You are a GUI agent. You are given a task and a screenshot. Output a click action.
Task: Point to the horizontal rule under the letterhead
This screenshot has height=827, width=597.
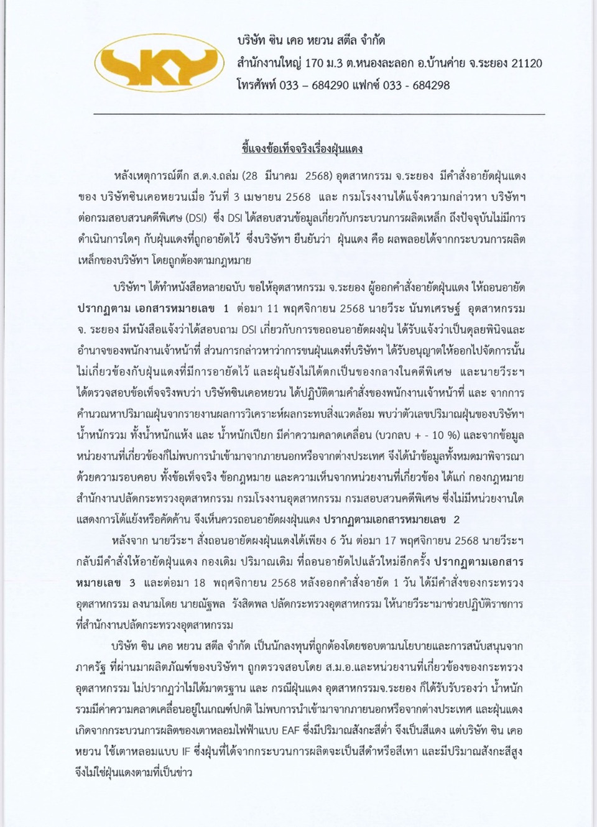(x=319, y=114)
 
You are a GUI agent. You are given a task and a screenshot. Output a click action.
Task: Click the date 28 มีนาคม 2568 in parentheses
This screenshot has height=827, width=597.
(x=290, y=176)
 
